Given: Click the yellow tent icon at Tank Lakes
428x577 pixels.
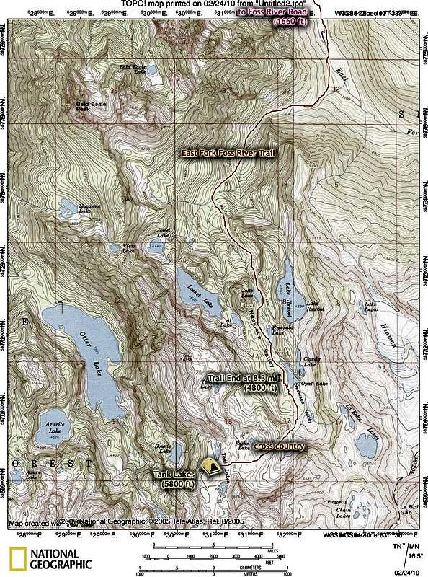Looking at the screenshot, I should click(210, 467).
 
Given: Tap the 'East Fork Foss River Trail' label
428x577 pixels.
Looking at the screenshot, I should click(227, 153).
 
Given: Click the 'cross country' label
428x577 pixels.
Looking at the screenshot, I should click(279, 446).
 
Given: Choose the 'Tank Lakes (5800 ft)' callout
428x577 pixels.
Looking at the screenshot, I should click(173, 479).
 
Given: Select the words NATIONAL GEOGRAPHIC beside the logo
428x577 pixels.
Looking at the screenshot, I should click(61, 559).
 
